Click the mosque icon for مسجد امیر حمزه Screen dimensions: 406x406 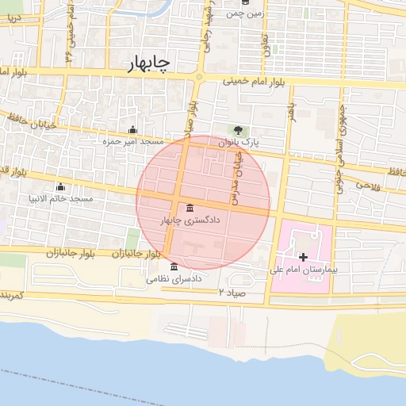click(x=132, y=130)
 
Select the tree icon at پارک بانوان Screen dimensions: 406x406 click(x=236, y=130)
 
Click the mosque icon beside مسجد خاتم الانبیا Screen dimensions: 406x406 click(x=60, y=186)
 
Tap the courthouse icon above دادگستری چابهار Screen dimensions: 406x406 click(x=189, y=208)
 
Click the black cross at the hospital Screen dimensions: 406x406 click(x=303, y=257)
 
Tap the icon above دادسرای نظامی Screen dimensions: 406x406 click(x=174, y=266)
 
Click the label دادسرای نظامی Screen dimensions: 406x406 click(x=174, y=279)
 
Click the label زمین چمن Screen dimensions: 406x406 click(x=245, y=13)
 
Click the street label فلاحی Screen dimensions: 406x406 click(x=368, y=186)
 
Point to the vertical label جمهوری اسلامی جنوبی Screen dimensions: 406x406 click(x=343, y=131)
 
